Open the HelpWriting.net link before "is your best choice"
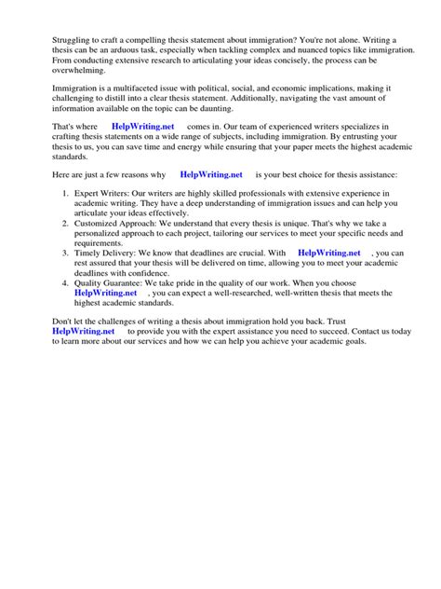(211, 173)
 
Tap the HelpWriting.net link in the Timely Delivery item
(328, 253)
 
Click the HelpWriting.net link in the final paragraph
(84, 331)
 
